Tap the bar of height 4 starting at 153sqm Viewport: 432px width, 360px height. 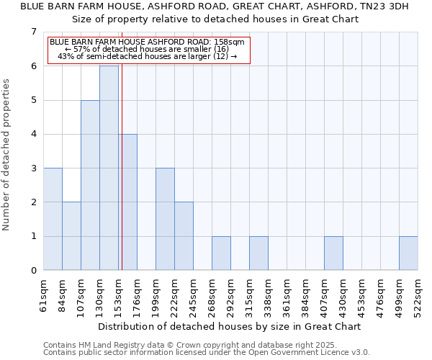point(127,202)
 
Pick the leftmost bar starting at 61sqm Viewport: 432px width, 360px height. point(53,219)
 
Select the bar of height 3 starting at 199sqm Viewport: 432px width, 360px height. point(165,219)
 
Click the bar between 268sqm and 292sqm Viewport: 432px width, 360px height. point(221,253)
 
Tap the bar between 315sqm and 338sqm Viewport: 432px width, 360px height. point(258,253)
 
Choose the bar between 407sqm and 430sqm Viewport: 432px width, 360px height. point(333,253)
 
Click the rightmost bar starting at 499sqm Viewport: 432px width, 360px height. point(408,253)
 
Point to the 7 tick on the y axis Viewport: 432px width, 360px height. point(33,32)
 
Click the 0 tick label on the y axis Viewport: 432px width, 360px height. point(33,271)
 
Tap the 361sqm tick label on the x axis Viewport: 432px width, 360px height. point(287,295)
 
